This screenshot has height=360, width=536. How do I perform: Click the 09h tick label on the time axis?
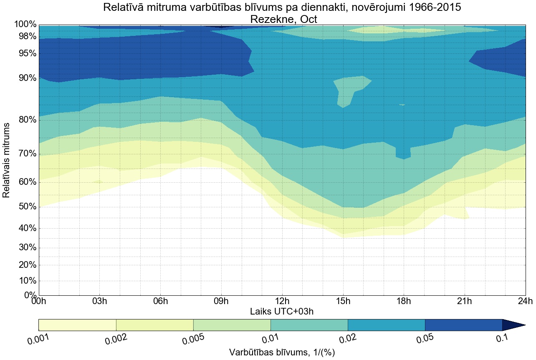(x=221, y=302)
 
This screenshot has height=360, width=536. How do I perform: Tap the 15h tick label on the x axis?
(x=343, y=302)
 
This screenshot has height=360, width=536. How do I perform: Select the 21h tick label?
(x=465, y=302)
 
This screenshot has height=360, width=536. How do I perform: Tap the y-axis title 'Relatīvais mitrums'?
(x=7, y=160)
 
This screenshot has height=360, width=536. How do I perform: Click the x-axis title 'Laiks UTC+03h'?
(x=282, y=312)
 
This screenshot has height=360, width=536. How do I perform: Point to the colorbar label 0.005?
(x=193, y=338)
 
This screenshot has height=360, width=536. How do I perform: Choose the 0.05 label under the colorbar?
(x=425, y=338)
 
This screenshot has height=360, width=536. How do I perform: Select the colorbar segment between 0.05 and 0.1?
(x=463, y=325)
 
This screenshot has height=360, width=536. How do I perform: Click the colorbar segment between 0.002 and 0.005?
(x=154, y=325)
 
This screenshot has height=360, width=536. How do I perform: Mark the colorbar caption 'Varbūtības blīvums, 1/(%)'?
(x=282, y=352)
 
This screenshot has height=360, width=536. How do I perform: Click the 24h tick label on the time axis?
(x=525, y=302)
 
